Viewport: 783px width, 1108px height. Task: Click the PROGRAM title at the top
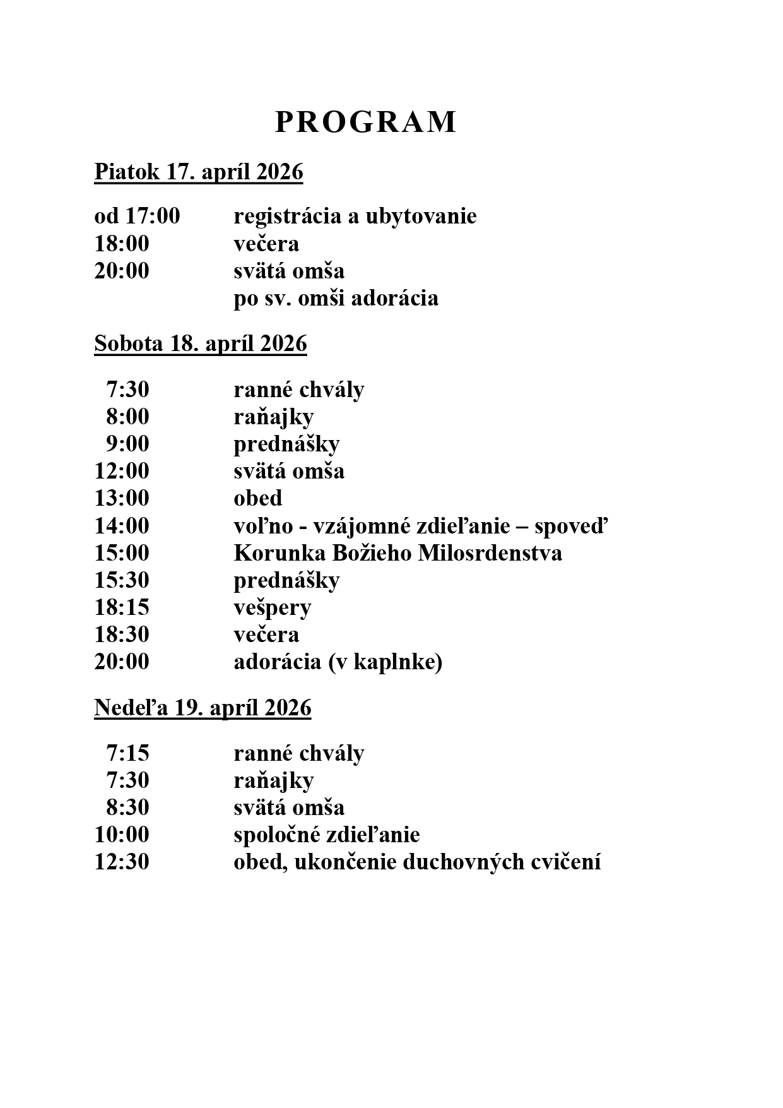pyautogui.click(x=365, y=122)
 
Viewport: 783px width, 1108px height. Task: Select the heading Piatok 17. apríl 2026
pyautogui.click(x=199, y=172)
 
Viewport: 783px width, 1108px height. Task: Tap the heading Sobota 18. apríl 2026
pyautogui.click(x=201, y=344)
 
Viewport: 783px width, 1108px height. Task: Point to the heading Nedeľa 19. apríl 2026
pyautogui.click(x=203, y=708)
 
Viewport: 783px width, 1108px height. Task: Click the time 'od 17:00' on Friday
pyautogui.click(x=137, y=217)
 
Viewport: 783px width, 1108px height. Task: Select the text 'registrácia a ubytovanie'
pyautogui.click(x=355, y=217)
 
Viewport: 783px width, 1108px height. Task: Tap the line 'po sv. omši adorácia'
pyautogui.click(x=336, y=298)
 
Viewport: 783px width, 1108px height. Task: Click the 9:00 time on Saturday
pyautogui.click(x=127, y=444)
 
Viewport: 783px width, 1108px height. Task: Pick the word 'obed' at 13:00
pyautogui.click(x=257, y=498)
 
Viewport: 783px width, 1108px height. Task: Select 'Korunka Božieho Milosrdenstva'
pyautogui.click(x=397, y=553)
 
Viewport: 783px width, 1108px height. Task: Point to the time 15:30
pyautogui.click(x=122, y=580)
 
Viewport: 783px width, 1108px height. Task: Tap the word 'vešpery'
pyautogui.click(x=272, y=607)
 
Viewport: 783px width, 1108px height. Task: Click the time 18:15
pyautogui.click(x=122, y=607)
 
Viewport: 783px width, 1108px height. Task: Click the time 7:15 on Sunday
pyautogui.click(x=127, y=753)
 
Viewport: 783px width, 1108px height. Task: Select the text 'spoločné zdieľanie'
pyautogui.click(x=326, y=835)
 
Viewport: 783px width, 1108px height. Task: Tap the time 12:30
pyautogui.click(x=122, y=862)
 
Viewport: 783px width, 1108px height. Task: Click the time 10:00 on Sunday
pyautogui.click(x=122, y=835)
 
